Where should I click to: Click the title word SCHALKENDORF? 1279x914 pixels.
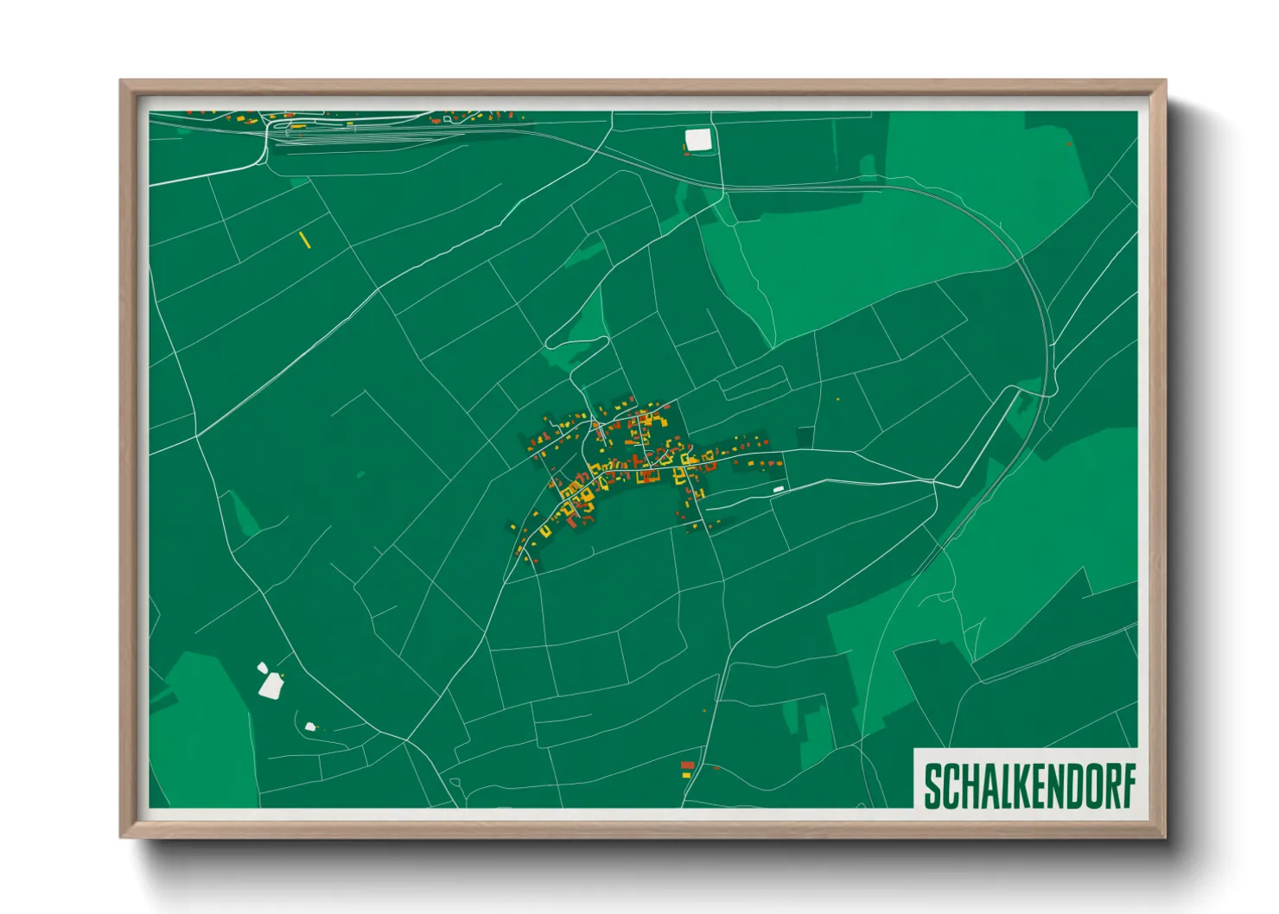tap(1029, 786)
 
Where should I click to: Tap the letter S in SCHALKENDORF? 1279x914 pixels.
tap(932, 786)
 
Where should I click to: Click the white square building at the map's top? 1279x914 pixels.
tap(697, 140)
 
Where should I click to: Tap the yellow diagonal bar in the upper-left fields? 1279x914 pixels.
tap(304, 239)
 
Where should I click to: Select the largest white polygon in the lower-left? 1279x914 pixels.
tap(271, 685)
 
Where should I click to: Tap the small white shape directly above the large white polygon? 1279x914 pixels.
tap(263, 667)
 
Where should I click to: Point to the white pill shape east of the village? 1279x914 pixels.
tap(778, 490)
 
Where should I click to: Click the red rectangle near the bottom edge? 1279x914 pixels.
tap(687, 765)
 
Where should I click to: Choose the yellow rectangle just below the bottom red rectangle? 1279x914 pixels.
tap(687, 775)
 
